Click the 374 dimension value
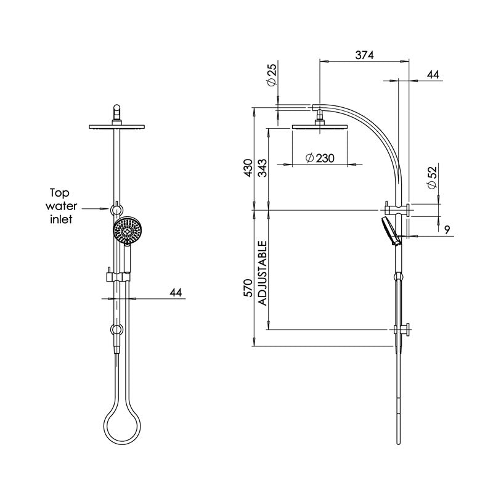pyautogui.click(x=364, y=55)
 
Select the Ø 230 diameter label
pyautogui.click(x=319, y=158)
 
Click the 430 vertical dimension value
pyautogui.click(x=248, y=167)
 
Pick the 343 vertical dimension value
pyautogui.click(x=262, y=167)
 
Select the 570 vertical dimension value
pyautogui.click(x=248, y=290)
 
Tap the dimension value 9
pyautogui.click(x=447, y=229)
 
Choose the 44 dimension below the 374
pyautogui.click(x=433, y=75)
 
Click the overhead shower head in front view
pyautogui.click(x=116, y=126)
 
